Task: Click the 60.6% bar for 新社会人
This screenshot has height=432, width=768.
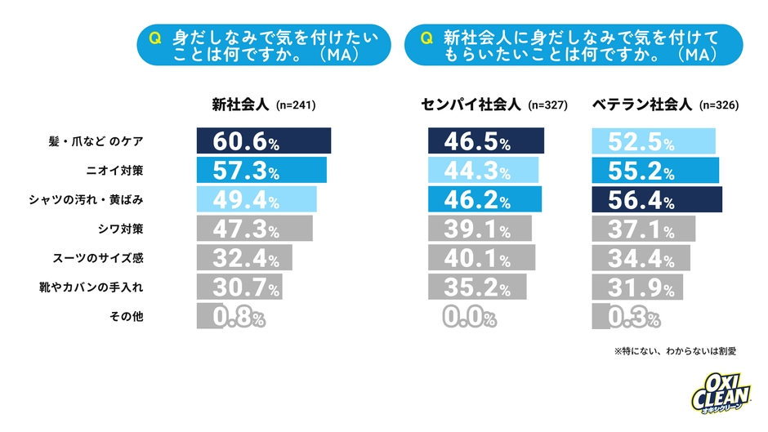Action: click(x=263, y=140)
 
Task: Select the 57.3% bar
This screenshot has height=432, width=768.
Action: click(x=261, y=170)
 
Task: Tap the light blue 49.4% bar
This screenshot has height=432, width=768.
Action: click(x=256, y=198)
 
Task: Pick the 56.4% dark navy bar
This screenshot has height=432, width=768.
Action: click(x=656, y=198)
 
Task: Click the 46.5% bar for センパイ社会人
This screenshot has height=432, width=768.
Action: click(x=486, y=140)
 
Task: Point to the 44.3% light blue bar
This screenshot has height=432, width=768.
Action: click(x=484, y=170)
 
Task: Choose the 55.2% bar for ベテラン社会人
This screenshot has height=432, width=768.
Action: click(x=654, y=170)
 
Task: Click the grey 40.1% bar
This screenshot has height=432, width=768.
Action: click(x=481, y=257)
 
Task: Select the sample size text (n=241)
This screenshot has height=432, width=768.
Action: click(x=297, y=105)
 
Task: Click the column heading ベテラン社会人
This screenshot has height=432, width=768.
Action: click(x=641, y=105)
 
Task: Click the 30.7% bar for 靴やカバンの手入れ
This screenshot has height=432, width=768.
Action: click(x=239, y=287)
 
